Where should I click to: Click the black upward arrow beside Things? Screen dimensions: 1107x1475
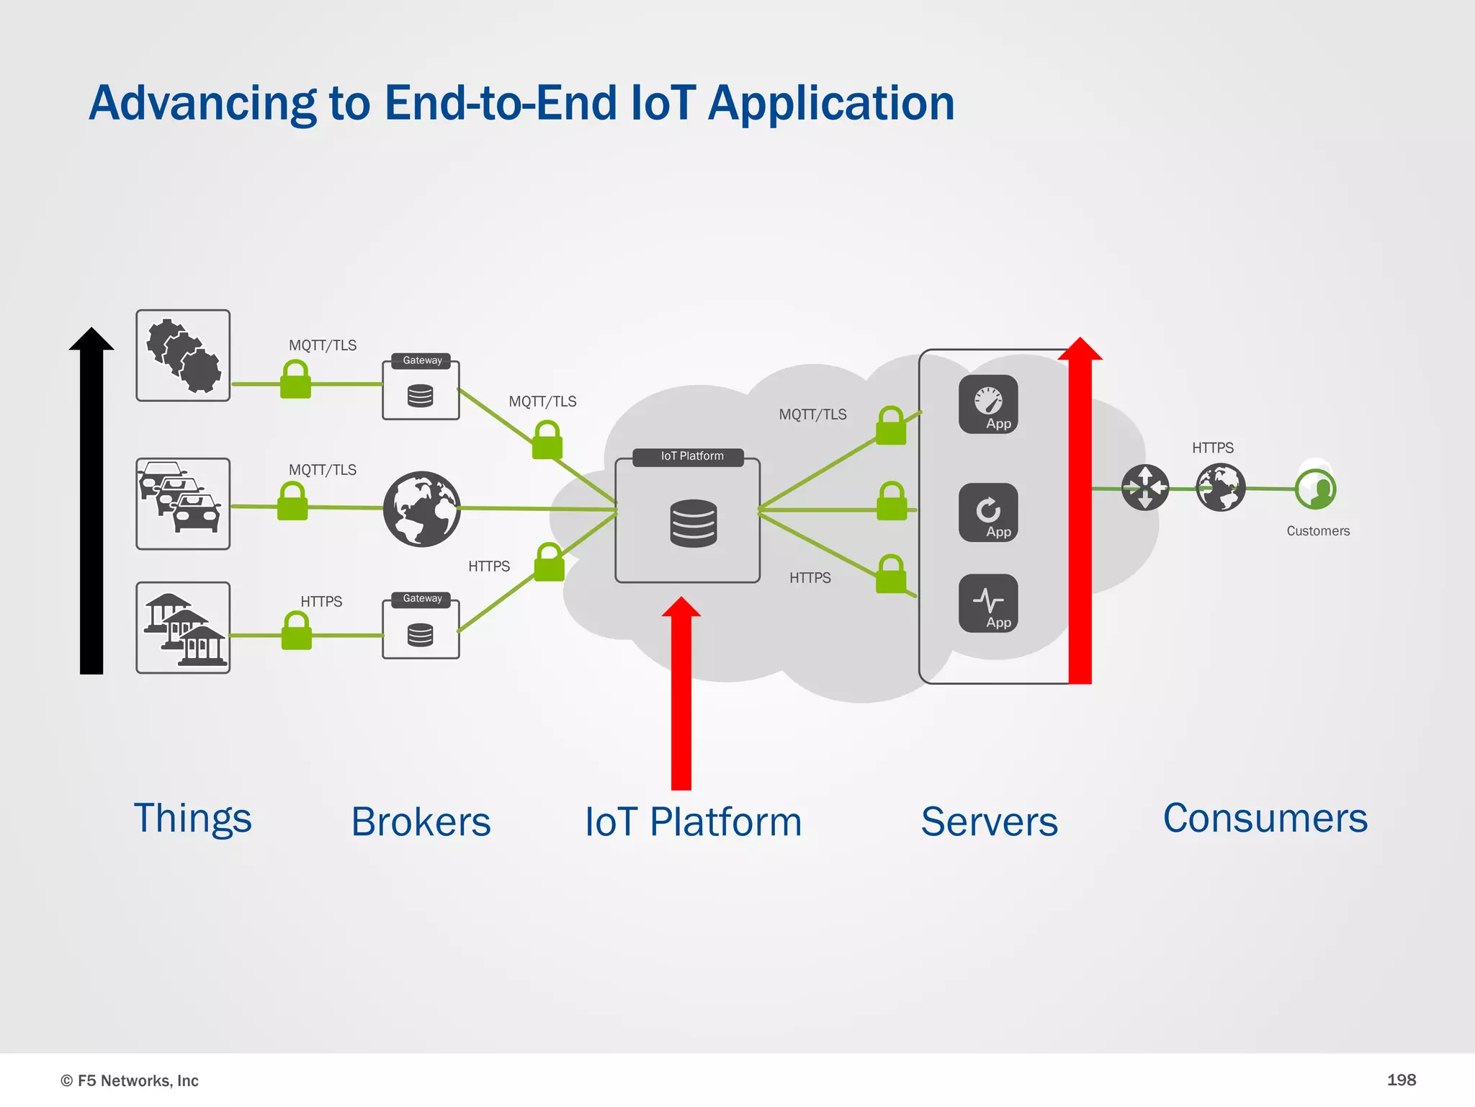(91, 504)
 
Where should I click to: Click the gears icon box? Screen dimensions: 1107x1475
(183, 356)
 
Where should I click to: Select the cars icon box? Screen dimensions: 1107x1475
(183, 504)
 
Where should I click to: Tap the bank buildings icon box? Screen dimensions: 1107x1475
(183, 628)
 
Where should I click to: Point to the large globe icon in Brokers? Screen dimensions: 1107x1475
(422, 509)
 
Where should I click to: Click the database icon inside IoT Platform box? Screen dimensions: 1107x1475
(693, 523)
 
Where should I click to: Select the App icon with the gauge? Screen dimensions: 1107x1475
(988, 404)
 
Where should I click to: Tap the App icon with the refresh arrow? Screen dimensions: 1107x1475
(988, 512)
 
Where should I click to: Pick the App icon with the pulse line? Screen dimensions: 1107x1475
(988, 603)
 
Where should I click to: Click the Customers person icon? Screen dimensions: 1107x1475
(1315, 489)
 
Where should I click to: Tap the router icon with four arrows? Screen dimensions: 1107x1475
(1145, 488)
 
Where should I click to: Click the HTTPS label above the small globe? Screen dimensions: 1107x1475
(1212, 448)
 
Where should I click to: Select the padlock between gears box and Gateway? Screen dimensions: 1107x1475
(295, 380)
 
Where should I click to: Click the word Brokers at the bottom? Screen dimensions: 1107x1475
(421, 822)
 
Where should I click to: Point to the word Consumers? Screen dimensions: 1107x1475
(1265, 819)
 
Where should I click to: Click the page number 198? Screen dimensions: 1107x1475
(1401, 1080)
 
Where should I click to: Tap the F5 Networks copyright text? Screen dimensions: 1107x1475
(130, 1080)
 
